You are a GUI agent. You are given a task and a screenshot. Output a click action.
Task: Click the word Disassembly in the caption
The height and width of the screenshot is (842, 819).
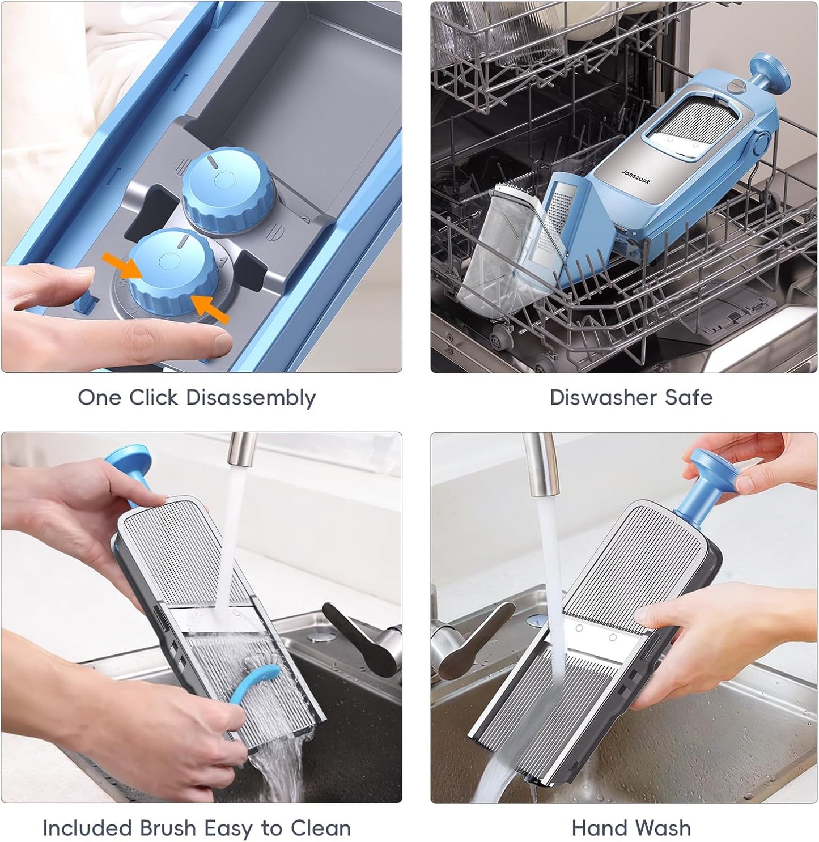pyautogui.click(x=251, y=398)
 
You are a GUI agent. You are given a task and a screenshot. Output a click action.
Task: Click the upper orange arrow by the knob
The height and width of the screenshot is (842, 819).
pyautogui.click(x=122, y=265)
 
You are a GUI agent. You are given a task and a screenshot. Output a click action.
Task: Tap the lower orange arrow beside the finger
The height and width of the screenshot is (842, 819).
pyautogui.click(x=210, y=308)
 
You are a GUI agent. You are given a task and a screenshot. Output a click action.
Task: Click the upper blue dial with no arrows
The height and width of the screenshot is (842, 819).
pyautogui.click(x=228, y=189)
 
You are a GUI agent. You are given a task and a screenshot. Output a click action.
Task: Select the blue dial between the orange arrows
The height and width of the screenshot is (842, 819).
pyautogui.click(x=173, y=272)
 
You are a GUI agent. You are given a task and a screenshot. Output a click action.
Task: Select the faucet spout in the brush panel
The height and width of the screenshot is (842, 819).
pyautogui.click(x=243, y=449)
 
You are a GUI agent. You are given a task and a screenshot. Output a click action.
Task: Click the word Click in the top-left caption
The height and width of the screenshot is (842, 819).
pyautogui.click(x=154, y=397)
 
